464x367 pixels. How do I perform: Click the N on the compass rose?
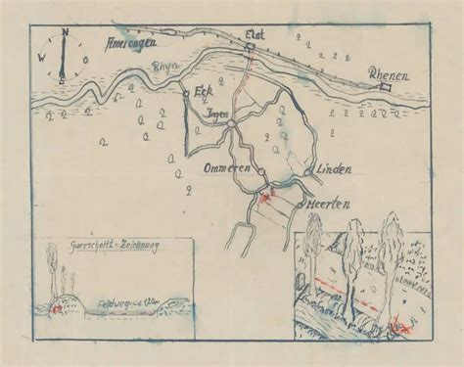pos(64,32)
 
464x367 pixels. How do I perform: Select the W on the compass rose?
pos(42,57)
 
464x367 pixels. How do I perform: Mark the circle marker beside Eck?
pos(186,93)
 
